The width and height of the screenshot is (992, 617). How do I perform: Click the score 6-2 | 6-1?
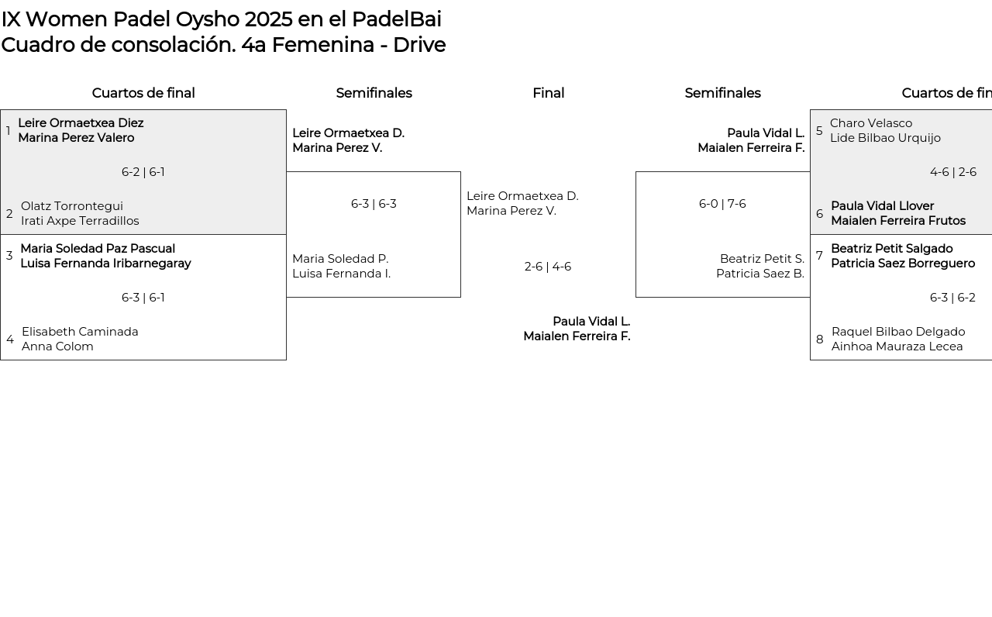[143, 172]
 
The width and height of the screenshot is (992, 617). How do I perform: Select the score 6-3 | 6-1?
[143, 298]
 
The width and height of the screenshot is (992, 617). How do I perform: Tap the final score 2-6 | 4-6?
[547, 267]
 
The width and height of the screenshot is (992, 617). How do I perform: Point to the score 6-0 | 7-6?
[722, 204]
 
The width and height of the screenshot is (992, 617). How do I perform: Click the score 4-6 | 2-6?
[952, 172]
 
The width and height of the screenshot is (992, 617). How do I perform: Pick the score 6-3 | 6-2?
[952, 298]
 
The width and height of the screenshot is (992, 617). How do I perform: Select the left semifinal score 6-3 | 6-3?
[373, 204]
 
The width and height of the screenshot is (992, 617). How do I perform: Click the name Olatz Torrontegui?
[72, 206]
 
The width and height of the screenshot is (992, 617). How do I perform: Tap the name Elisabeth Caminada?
[80, 332]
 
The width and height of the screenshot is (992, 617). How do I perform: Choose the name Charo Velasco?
[870, 123]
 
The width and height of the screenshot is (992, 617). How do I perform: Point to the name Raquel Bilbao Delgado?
[897, 332]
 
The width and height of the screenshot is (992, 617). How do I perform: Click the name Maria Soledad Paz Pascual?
[98, 249]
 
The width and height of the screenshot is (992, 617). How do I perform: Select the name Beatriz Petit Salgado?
[891, 249]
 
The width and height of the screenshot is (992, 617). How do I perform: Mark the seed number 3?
[9, 256]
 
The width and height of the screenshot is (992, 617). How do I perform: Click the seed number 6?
[819, 214]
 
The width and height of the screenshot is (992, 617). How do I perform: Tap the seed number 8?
[819, 340]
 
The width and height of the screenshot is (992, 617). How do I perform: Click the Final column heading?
[548, 93]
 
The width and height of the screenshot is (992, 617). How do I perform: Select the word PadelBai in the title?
[396, 19]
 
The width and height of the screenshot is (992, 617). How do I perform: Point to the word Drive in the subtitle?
[418, 45]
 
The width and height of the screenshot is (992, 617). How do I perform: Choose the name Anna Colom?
[57, 346]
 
